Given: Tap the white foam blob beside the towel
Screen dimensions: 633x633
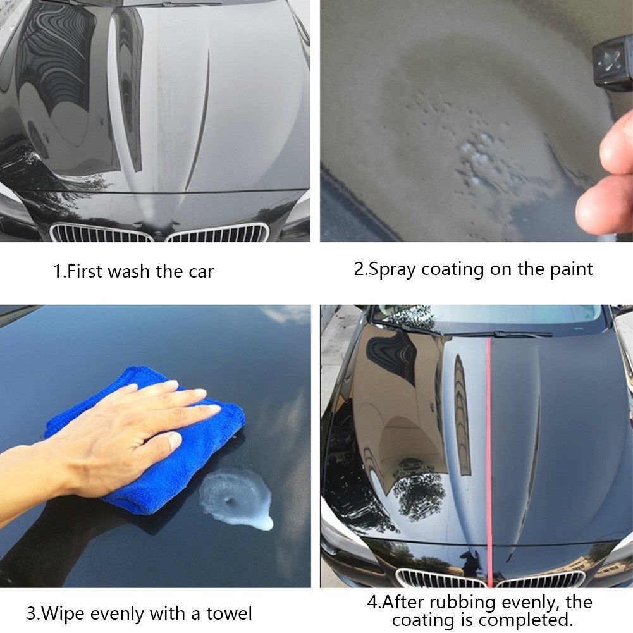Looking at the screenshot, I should tap(237, 496).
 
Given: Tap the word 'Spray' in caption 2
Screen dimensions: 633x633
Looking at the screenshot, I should tap(393, 269).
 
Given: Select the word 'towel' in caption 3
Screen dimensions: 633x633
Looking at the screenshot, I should tap(228, 613).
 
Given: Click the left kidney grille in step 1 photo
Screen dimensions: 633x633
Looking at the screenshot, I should tap(101, 233).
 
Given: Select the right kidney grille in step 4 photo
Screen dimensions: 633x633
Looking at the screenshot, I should tap(541, 579).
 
